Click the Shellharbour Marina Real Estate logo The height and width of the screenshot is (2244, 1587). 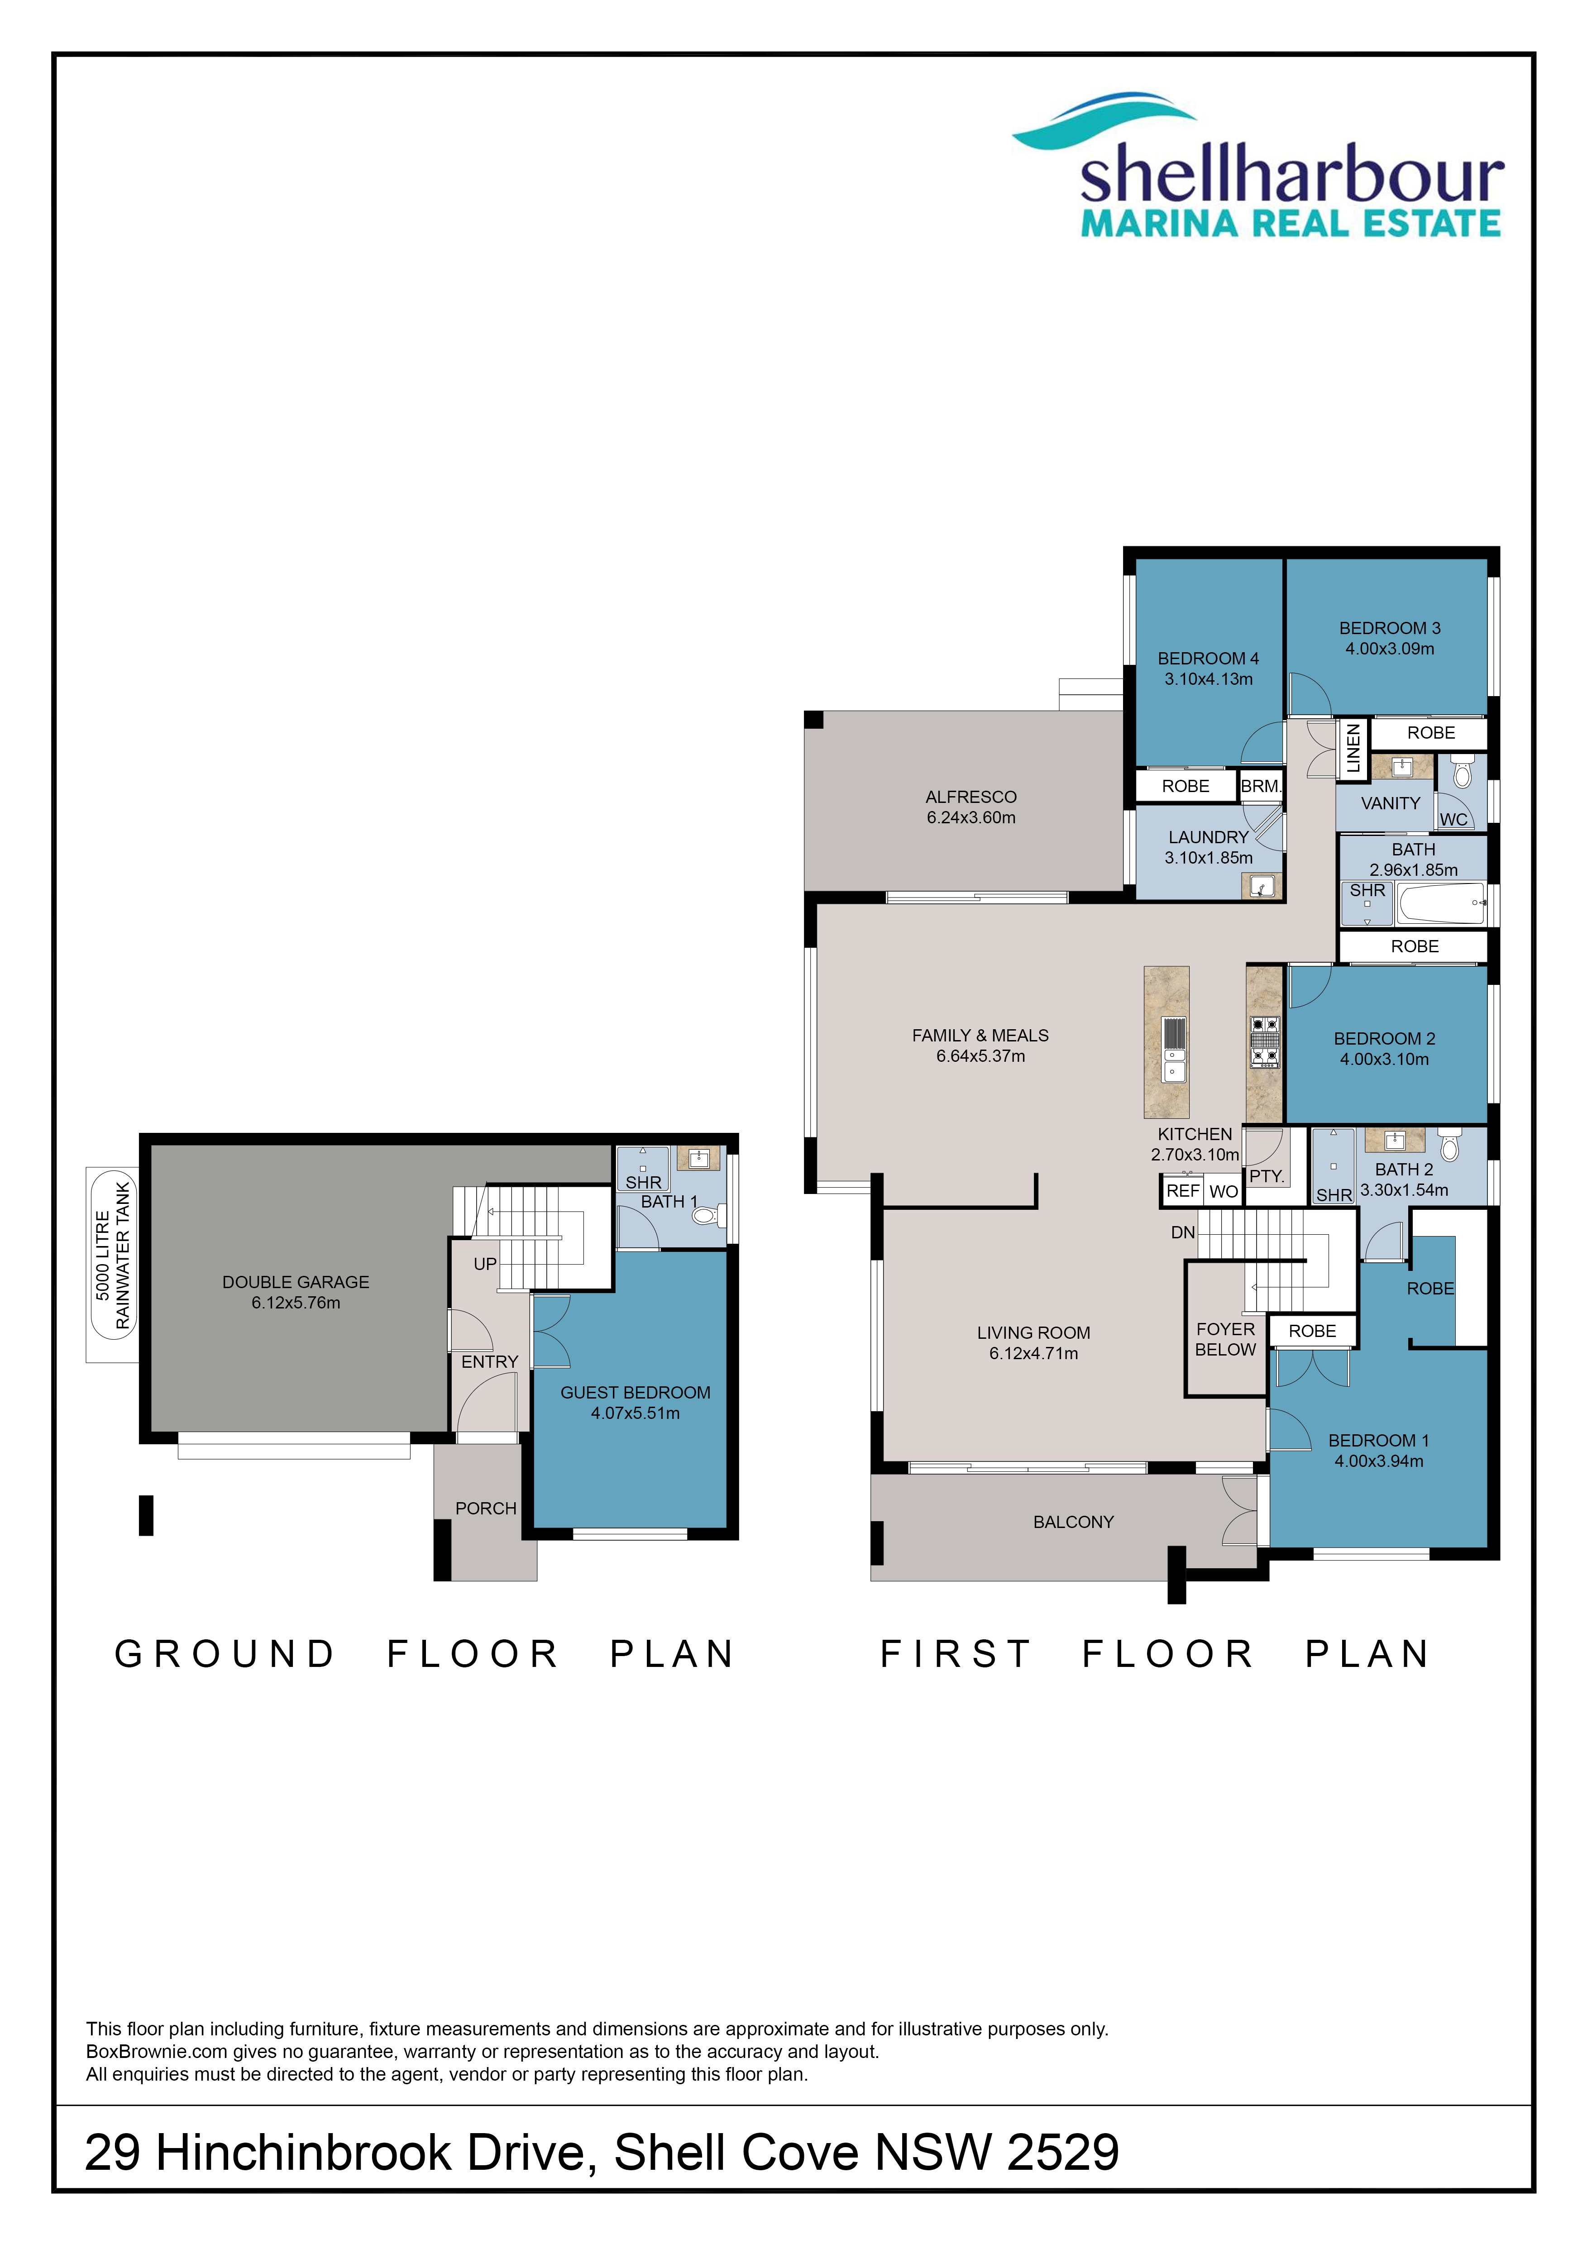(1259, 166)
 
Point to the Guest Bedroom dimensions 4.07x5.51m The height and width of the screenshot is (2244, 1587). (635, 1413)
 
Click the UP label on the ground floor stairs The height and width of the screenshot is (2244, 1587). (485, 1264)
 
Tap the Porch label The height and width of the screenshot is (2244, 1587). (486, 1508)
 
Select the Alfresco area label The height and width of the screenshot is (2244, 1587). (971, 797)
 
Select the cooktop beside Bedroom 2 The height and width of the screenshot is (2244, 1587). (1265, 1042)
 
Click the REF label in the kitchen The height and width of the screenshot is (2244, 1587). (1182, 1190)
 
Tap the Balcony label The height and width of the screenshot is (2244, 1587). (1073, 1522)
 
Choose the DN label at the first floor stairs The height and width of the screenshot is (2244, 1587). (1182, 1232)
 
